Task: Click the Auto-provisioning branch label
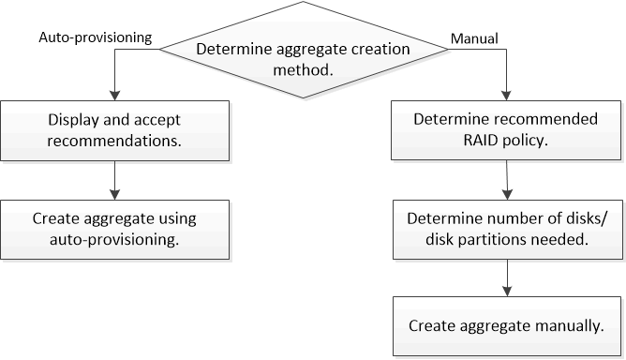94,39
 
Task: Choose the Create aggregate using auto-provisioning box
113,228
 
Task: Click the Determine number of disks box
506,228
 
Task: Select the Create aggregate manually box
506,326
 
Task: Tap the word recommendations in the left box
113,140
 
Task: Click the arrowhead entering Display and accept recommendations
113,96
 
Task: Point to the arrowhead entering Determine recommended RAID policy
507,96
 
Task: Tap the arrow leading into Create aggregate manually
506,277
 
